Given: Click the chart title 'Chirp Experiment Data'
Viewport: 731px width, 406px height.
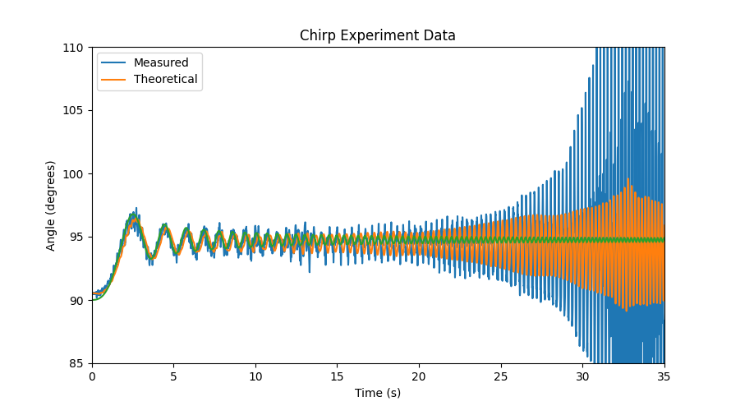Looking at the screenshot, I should click(x=377, y=35).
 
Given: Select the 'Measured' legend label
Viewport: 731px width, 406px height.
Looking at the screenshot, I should click(x=161, y=62).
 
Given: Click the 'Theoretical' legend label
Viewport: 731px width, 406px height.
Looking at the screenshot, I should click(x=165, y=80).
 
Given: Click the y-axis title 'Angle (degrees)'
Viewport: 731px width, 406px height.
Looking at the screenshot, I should click(x=51, y=205).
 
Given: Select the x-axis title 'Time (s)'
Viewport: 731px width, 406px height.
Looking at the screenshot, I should click(x=377, y=393).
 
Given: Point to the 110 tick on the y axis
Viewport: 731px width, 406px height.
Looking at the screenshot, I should click(x=76, y=48).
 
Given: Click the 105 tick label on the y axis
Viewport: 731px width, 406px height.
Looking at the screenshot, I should click(x=76, y=111).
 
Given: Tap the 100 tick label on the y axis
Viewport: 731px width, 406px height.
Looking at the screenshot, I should click(x=76, y=174).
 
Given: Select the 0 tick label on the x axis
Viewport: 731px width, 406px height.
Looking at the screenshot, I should click(x=92, y=376).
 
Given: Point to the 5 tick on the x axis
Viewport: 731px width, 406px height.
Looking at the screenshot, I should click(x=173, y=376).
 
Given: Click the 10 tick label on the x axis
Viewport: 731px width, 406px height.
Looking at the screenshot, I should click(x=255, y=376).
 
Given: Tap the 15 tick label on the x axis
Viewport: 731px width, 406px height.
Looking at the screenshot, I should click(x=337, y=376).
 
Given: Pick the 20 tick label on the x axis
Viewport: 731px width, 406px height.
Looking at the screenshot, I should click(x=419, y=376).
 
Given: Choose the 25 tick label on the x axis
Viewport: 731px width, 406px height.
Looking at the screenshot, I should click(x=500, y=376).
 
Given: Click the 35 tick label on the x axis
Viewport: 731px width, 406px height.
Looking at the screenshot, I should click(x=664, y=376).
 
